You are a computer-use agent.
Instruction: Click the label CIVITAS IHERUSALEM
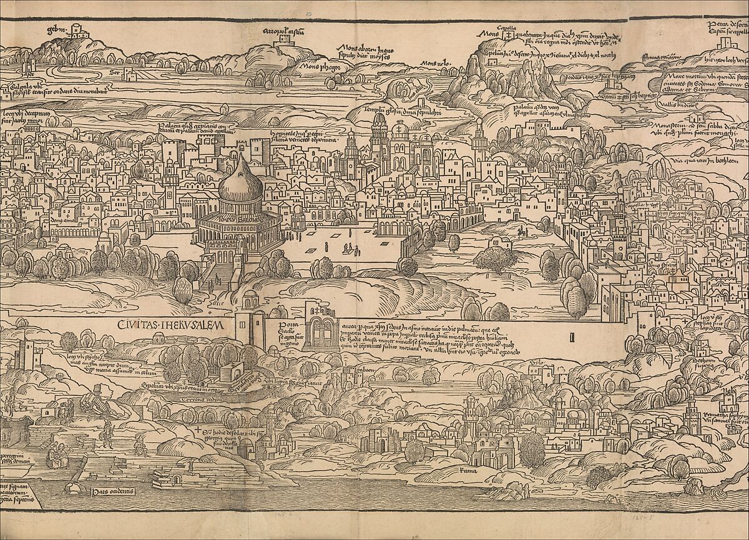(175, 324)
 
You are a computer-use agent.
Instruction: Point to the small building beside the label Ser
(127, 74)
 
